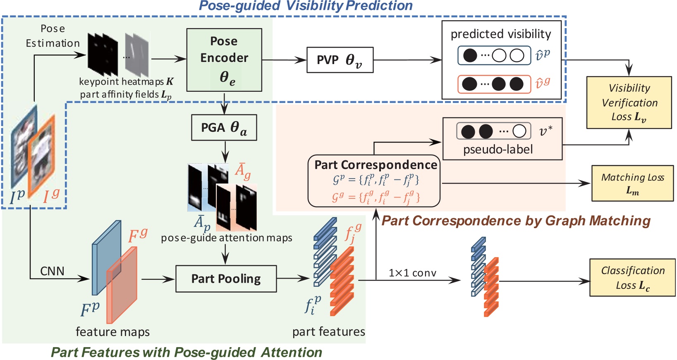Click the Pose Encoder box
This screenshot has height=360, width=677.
[224, 60]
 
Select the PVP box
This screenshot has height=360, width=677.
[340, 60]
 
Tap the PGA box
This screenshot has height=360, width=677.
[224, 127]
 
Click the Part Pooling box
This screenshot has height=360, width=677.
[226, 279]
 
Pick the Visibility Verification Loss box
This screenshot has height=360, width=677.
[629, 103]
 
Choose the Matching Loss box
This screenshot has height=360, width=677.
[632, 183]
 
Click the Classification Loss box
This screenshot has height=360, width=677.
[632, 277]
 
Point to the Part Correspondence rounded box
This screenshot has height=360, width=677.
[374, 181]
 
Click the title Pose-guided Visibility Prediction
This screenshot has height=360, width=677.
[306, 6]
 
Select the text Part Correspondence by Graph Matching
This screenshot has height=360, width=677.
[516, 221]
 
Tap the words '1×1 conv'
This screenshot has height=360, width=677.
[412, 273]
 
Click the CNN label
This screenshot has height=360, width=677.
[52, 271]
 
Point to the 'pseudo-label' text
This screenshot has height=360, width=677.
[498, 149]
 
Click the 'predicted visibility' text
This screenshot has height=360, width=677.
[500, 34]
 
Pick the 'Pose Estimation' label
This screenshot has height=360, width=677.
[53, 36]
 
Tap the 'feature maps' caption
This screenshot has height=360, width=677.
[112, 331]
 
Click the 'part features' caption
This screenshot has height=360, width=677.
[328, 331]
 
